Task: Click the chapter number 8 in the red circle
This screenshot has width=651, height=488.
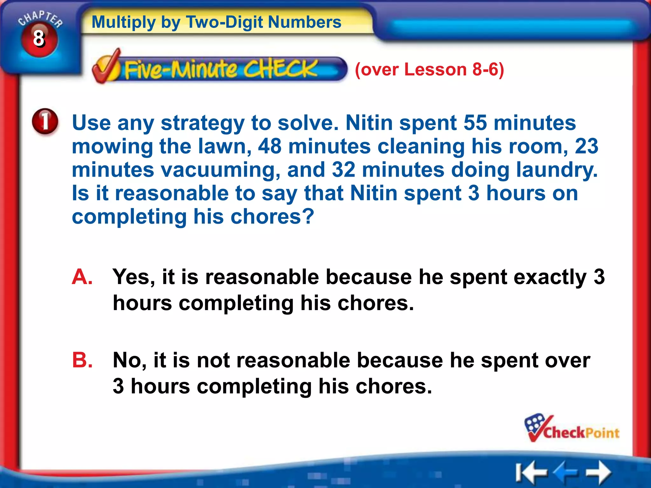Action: [x=39, y=39]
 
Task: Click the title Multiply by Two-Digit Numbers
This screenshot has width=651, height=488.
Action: [x=216, y=22]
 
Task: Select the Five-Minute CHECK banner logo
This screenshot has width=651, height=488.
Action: [x=219, y=69]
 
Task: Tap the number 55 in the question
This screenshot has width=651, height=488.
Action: [x=475, y=123]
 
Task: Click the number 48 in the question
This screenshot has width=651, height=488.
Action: [x=270, y=146]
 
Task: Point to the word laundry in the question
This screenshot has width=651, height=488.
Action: [x=556, y=170]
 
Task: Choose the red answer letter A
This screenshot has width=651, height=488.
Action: [x=82, y=277]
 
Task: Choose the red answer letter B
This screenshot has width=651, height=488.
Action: [x=82, y=360]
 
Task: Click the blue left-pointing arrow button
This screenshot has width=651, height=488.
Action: [x=566, y=472]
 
